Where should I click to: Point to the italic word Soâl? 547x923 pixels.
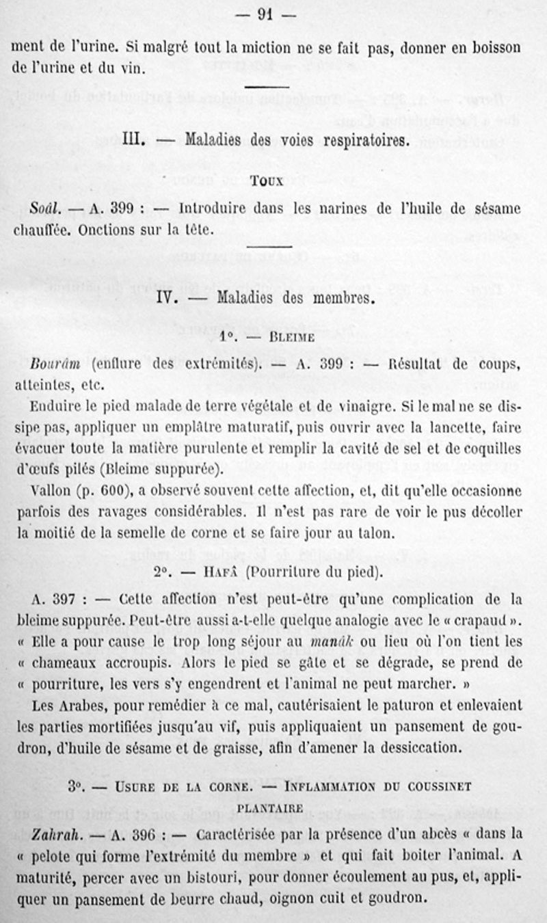coord(45,208)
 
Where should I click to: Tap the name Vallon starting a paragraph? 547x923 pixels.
coord(51,490)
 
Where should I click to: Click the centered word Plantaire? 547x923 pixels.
coord(269,809)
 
